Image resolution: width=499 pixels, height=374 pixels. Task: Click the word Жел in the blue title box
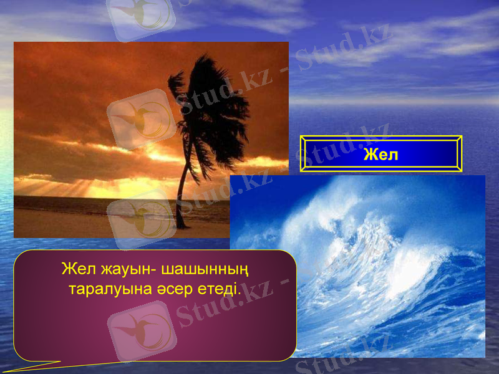pos(380,154)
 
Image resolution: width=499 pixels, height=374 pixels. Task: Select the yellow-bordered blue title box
pos(380,153)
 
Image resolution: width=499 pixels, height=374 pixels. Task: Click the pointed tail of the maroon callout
pos(25,368)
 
